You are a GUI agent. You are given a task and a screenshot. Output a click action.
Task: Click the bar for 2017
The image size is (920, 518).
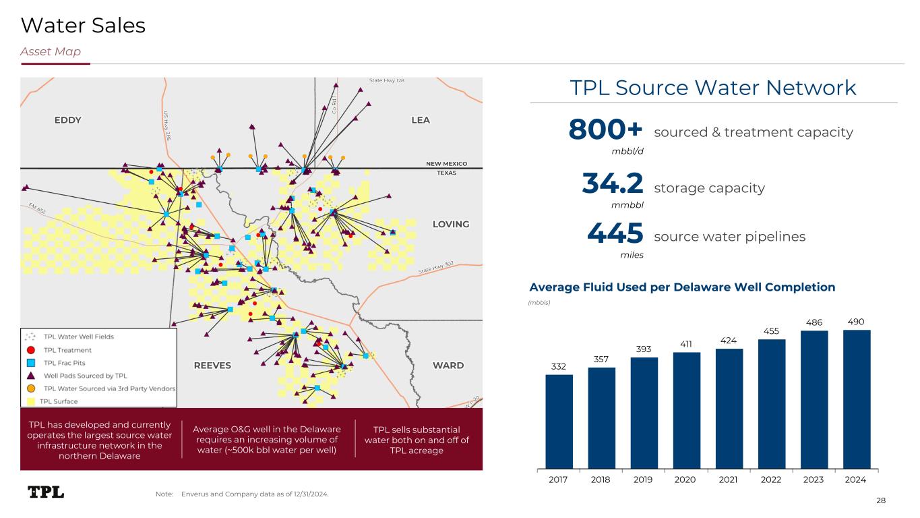(559, 421)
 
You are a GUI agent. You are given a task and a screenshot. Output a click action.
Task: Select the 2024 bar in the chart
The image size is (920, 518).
(856, 399)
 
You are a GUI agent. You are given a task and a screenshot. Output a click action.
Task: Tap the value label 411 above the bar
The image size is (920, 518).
(686, 344)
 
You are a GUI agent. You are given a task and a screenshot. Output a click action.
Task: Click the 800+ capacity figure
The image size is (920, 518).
(606, 129)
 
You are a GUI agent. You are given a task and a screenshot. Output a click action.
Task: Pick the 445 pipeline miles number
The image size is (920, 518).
(615, 234)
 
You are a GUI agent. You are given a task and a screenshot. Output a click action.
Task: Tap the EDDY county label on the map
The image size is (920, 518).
(67, 120)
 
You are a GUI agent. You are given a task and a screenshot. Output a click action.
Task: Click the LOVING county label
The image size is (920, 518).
(450, 224)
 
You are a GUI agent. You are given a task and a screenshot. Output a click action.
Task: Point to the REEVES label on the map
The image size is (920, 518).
(212, 366)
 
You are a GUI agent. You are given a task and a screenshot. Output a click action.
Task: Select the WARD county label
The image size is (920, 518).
(448, 366)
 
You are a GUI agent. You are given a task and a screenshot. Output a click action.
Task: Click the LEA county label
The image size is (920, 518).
(420, 120)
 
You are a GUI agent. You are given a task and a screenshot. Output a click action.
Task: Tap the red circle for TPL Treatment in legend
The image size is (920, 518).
(30, 350)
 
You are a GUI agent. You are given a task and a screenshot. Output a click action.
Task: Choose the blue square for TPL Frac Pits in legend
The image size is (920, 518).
(30, 363)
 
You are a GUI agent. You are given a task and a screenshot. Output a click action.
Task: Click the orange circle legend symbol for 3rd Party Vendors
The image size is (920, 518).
(30, 388)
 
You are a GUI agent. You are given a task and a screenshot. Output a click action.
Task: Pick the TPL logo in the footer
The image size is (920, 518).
(46, 492)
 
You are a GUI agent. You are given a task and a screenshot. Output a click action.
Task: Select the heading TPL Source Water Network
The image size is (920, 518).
(713, 88)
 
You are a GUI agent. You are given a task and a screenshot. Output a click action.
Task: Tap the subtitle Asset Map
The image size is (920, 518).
(51, 52)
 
